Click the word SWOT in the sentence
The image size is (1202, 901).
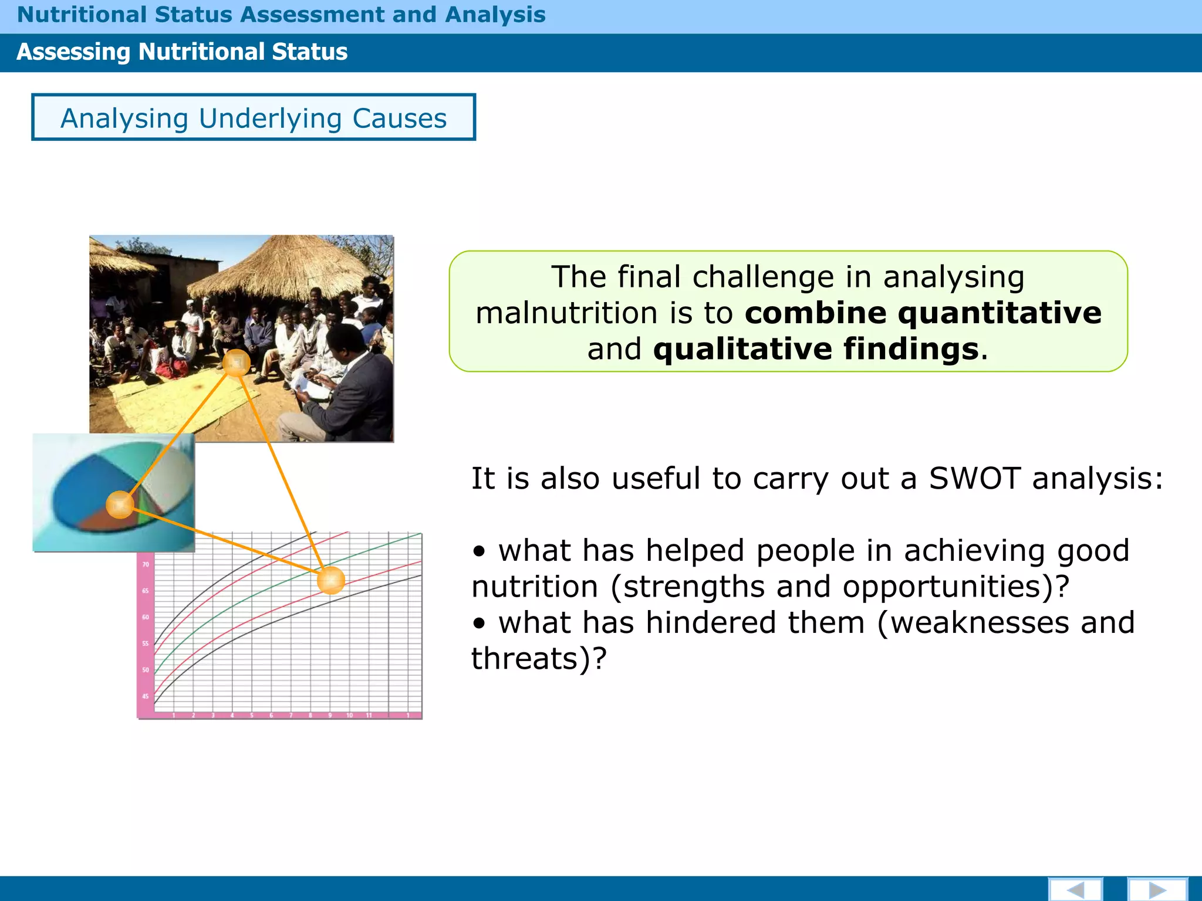click(974, 478)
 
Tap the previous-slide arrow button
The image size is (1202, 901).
click(1075, 890)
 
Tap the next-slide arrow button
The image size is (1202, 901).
click(1157, 890)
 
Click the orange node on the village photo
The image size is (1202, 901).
click(237, 363)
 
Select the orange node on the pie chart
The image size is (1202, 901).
click(120, 504)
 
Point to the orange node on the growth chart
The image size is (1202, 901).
click(331, 580)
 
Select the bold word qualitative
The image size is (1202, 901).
click(742, 349)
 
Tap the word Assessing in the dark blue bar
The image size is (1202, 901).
click(73, 52)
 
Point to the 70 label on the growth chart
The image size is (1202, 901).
click(146, 564)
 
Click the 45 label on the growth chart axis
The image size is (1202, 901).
click(146, 696)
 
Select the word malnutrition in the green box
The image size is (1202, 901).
click(565, 313)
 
